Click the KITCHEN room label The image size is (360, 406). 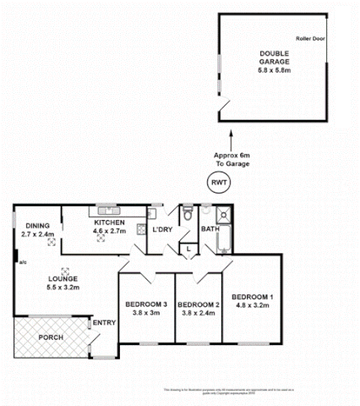coord(108,221)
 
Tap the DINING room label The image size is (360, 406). coord(38,226)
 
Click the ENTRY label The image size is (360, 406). coord(104,322)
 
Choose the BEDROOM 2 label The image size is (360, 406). coord(199,304)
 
